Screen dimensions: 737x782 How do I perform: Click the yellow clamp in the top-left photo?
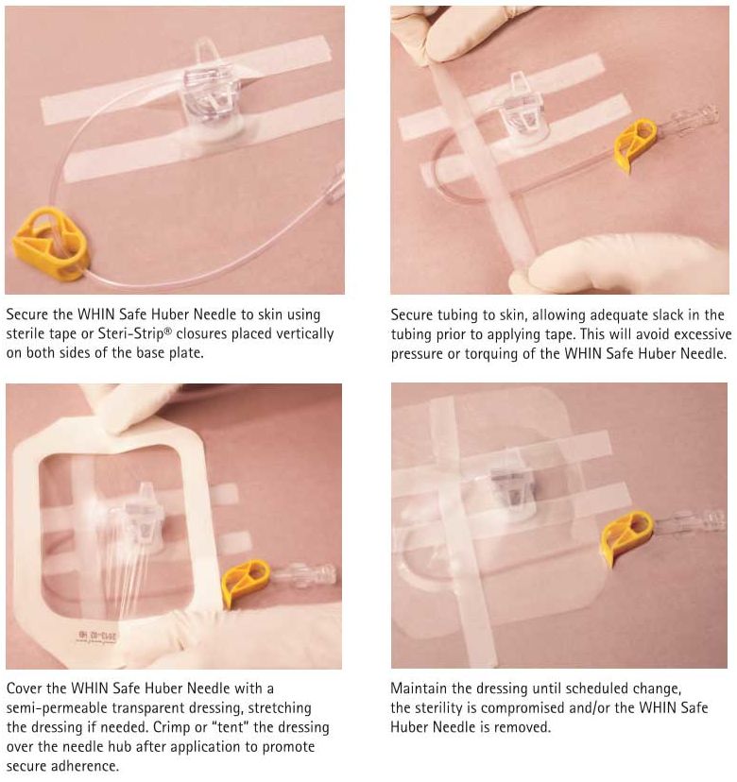pyautogui.click(x=50, y=245)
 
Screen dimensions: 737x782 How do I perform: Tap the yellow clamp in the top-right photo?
pyautogui.click(x=635, y=144)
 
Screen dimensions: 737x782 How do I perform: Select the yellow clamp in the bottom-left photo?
pyautogui.click(x=245, y=582)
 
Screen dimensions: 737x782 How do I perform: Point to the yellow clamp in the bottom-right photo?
pyautogui.click(x=626, y=537)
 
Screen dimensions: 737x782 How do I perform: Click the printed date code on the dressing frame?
pyautogui.click(x=98, y=637)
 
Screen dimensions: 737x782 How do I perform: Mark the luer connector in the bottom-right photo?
pyautogui.click(x=690, y=522)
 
